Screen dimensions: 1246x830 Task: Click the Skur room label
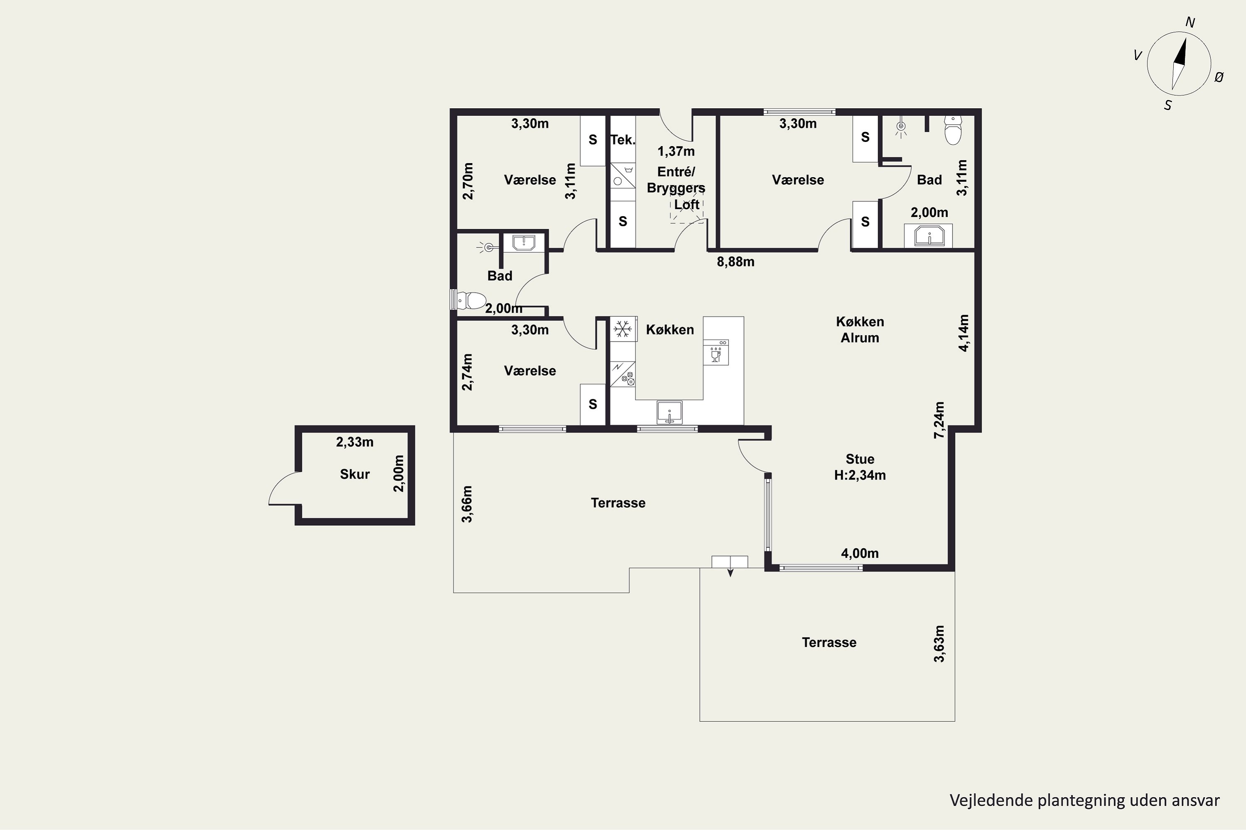click(354, 474)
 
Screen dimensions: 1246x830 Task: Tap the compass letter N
click(1190, 22)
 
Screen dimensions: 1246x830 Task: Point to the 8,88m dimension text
click(735, 262)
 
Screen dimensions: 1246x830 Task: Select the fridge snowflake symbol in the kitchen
click(623, 329)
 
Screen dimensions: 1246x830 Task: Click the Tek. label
click(623, 140)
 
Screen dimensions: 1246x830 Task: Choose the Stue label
click(860, 459)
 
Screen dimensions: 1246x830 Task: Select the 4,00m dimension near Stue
click(860, 553)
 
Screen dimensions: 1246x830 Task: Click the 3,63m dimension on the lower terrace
click(939, 644)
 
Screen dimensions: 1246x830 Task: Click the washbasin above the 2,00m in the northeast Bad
click(930, 236)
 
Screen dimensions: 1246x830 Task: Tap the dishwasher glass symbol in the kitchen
click(716, 352)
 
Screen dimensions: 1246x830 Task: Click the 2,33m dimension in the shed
click(354, 442)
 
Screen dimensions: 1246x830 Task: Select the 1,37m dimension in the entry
click(676, 151)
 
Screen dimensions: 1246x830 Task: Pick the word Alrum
click(860, 338)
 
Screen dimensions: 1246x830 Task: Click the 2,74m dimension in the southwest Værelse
click(467, 372)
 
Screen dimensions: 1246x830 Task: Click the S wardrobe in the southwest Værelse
click(593, 404)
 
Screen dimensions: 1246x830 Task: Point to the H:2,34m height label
click(860, 475)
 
